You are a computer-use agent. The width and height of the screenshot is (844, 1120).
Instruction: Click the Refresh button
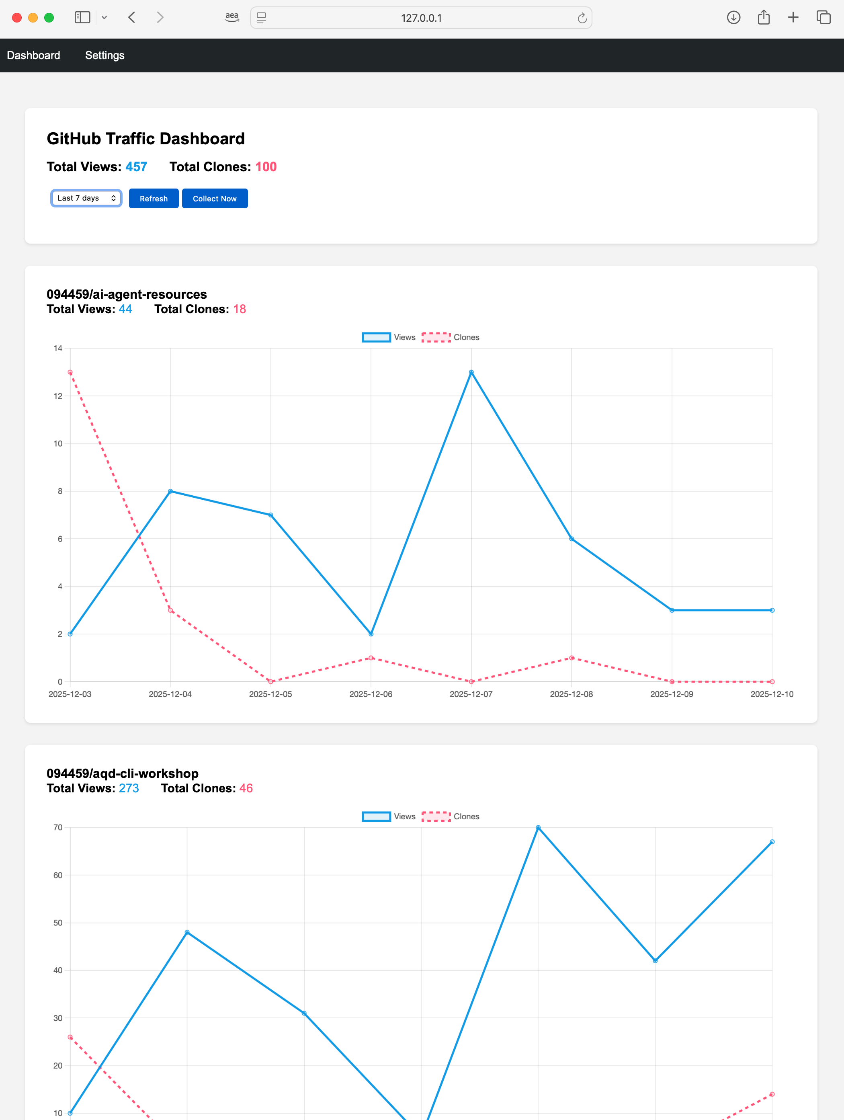click(x=154, y=199)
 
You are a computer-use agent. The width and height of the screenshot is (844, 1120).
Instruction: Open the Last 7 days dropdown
click(x=86, y=198)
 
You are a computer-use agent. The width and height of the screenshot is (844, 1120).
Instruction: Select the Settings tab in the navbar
click(x=104, y=55)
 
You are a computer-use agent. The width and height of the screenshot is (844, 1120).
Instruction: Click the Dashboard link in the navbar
click(x=33, y=55)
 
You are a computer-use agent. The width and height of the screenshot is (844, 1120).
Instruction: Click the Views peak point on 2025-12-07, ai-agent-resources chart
click(x=471, y=372)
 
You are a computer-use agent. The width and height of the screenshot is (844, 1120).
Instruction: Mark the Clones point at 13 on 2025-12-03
click(x=70, y=372)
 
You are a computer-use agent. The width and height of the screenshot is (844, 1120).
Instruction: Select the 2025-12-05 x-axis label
click(x=270, y=694)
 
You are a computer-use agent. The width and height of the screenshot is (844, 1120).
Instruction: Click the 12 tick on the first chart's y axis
click(x=58, y=396)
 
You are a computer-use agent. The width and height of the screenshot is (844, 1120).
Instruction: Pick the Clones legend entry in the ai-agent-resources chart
click(x=450, y=337)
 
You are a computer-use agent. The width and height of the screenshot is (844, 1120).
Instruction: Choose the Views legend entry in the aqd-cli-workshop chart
click(x=389, y=816)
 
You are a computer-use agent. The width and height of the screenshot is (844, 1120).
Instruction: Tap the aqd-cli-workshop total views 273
click(x=129, y=788)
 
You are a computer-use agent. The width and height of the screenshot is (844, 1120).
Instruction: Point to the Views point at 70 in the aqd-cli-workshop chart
click(x=538, y=827)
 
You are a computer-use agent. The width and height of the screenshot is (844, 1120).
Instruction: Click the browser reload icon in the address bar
click(x=582, y=18)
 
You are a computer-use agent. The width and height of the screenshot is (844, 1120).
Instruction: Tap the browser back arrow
click(x=132, y=18)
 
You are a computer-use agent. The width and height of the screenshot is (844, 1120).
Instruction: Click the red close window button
click(x=17, y=18)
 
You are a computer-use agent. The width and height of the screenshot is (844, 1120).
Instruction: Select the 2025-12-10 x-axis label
click(x=772, y=694)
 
